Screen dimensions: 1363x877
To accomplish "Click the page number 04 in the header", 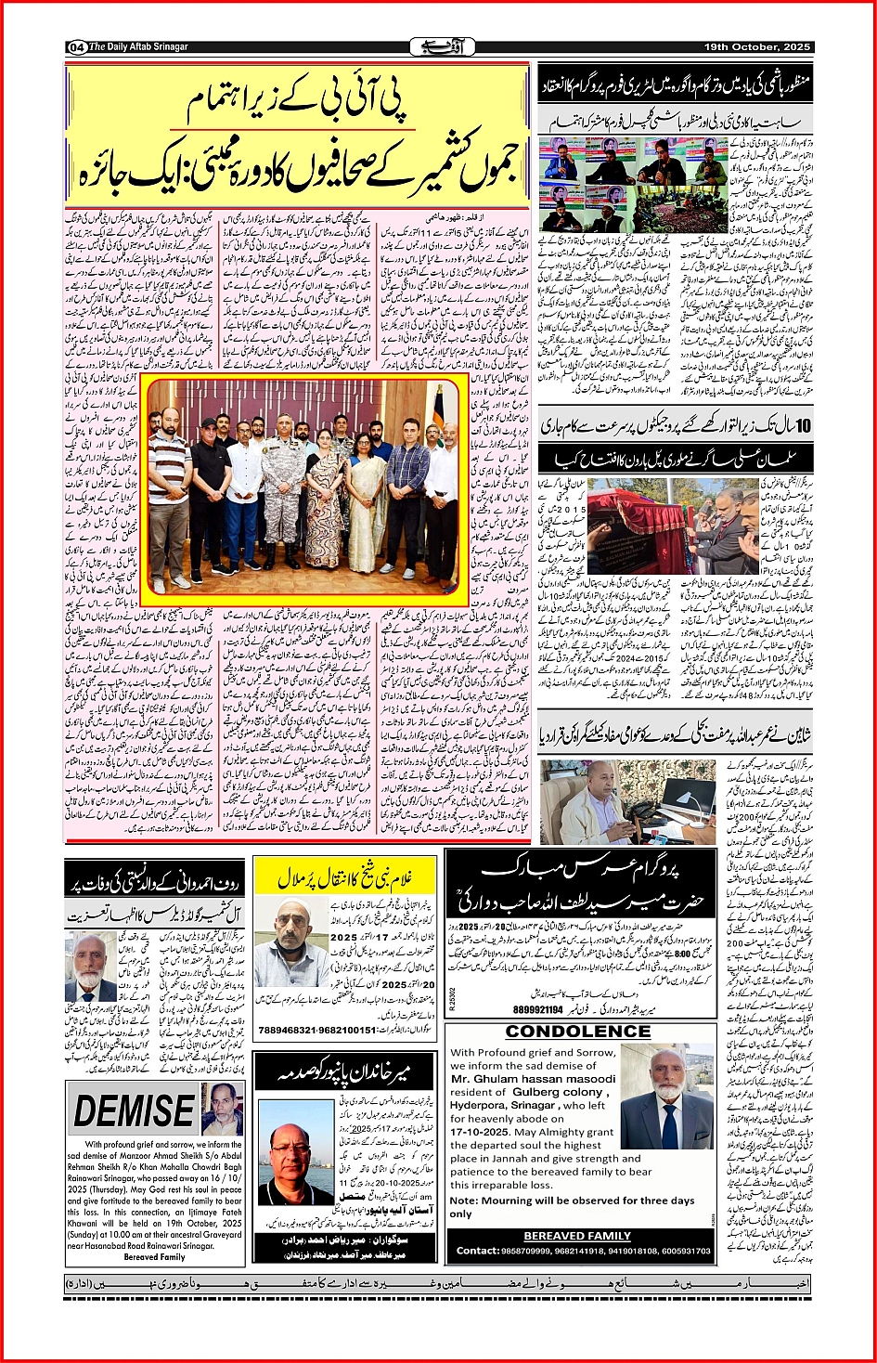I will (76, 46).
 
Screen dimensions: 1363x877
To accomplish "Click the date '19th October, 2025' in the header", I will (757, 46).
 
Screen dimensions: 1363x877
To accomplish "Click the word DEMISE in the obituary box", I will (134, 1111).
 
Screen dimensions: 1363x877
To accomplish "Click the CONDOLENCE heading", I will (577, 1032).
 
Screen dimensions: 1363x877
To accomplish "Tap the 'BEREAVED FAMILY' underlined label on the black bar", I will (577, 1236).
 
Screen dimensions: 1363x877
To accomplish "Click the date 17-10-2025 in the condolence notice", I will (483, 1133).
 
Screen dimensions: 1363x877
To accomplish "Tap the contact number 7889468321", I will (290, 1030).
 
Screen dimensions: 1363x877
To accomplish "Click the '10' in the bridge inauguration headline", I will (802, 426).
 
